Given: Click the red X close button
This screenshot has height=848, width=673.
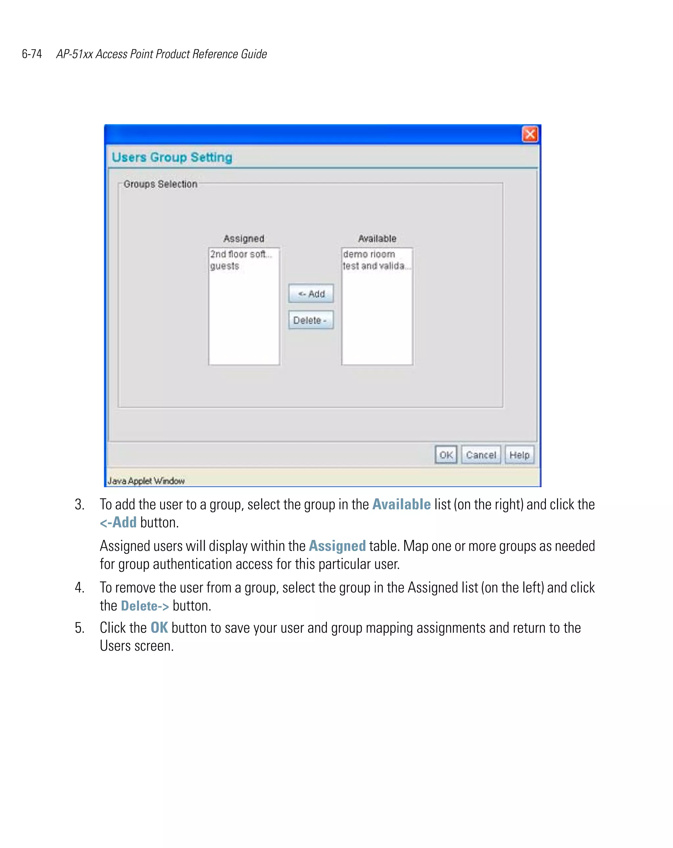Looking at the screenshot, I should [529, 134].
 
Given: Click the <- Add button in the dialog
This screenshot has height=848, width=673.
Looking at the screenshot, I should [311, 293].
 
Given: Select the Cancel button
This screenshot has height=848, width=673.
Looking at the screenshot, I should [480, 455].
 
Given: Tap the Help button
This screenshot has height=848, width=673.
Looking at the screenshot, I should [519, 455].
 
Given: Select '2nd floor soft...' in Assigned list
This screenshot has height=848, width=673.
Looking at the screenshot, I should [241, 254].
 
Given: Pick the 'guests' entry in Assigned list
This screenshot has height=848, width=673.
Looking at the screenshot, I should [224, 266].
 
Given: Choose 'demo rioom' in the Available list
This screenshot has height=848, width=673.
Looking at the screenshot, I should [369, 254].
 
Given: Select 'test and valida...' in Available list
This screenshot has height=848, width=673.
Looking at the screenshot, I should [376, 266].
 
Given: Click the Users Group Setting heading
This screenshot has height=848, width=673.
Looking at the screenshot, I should [172, 157].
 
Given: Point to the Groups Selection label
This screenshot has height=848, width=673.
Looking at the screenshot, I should [160, 184].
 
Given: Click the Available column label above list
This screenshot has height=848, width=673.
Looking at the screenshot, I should [377, 238].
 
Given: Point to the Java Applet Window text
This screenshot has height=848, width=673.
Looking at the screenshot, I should [146, 481].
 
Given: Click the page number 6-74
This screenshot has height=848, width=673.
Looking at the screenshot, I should [32, 54].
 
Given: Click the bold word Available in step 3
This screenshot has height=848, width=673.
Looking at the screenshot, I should [401, 504].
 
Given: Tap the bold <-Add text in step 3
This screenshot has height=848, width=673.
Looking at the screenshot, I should [118, 522].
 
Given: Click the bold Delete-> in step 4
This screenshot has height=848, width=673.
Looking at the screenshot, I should [145, 606].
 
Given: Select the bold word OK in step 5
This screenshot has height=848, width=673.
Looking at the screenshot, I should [159, 628].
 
